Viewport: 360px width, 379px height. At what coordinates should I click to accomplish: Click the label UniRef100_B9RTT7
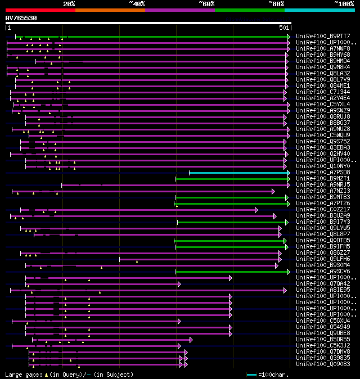pyautogui.click(x=323, y=37)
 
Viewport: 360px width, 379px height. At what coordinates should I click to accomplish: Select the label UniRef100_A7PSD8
pyautogui.click(x=323, y=173)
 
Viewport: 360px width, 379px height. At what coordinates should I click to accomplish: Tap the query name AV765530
pyautogui.click(x=21, y=18)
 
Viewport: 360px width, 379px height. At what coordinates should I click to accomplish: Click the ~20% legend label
pyautogui.click(x=69, y=4)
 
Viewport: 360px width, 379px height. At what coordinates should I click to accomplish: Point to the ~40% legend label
pyautogui.click(x=137, y=4)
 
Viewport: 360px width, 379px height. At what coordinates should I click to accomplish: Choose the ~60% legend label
pyautogui.click(x=206, y=4)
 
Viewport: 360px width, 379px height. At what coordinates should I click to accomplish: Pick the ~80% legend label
pyautogui.click(x=276, y=4)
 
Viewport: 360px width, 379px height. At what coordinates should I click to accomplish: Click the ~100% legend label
pyautogui.click(x=344, y=4)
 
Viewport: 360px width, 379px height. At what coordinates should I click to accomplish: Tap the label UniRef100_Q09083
pyautogui.click(x=323, y=364)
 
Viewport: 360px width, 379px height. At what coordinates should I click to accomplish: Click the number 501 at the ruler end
pyautogui.click(x=283, y=28)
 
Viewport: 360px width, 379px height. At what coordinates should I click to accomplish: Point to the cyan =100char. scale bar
pyautogui.click(x=251, y=375)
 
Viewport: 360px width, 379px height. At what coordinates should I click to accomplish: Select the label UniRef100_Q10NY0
pyautogui.click(x=323, y=166)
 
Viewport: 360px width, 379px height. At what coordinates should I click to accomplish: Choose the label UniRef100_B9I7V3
pyautogui.click(x=323, y=222)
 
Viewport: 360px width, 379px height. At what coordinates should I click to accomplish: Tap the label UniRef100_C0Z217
pyautogui.click(x=323, y=210)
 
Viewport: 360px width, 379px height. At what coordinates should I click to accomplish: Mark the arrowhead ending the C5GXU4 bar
pyautogui.click(x=179, y=321)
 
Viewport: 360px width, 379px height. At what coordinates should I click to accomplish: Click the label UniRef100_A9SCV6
pyautogui.click(x=323, y=272)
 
